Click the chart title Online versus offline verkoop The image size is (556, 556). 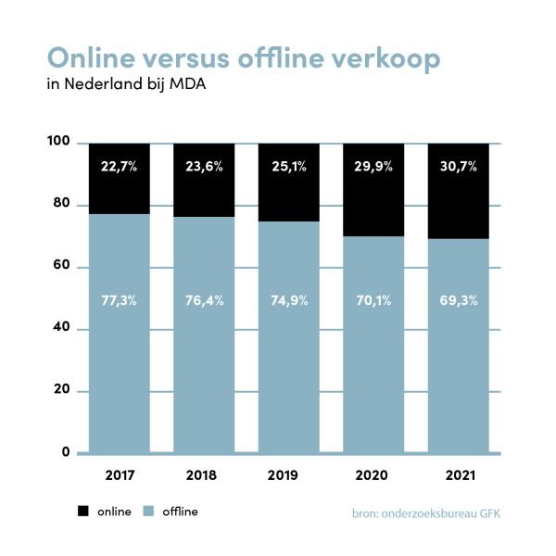click(243, 57)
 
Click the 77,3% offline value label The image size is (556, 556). click(120, 299)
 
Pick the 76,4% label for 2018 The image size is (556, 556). click(204, 299)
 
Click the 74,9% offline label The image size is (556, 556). click(288, 299)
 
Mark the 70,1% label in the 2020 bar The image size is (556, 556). click(373, 299)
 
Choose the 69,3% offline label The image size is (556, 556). click(457, 299)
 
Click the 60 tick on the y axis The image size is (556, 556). click(62, 267)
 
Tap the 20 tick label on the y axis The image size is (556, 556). click(62, 391)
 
